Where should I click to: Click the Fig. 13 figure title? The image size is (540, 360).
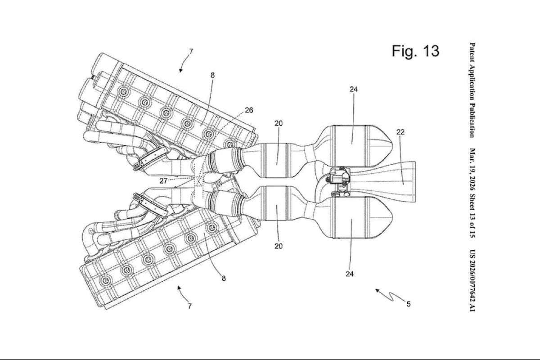(415, 51)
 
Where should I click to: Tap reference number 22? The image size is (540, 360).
(400, 132)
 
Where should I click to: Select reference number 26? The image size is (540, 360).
(249, 110)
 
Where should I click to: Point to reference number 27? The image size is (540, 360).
(163, 181)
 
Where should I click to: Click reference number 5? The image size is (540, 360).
(409, 304)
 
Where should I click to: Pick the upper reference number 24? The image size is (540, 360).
(354, 90)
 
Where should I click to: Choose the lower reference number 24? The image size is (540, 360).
(350, 274)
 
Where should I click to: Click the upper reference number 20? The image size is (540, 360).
(279, 123)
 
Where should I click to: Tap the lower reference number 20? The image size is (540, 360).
(279, 246)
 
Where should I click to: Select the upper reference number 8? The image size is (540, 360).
(212, 75)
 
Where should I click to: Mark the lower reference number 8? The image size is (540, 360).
(224, 279)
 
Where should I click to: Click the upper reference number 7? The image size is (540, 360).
(191, 51)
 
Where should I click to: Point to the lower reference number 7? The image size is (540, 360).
(190, 306)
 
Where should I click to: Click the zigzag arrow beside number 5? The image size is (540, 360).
(391, 297)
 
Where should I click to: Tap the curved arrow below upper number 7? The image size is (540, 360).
(184, 62)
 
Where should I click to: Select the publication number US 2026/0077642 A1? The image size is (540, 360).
(472, 281)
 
